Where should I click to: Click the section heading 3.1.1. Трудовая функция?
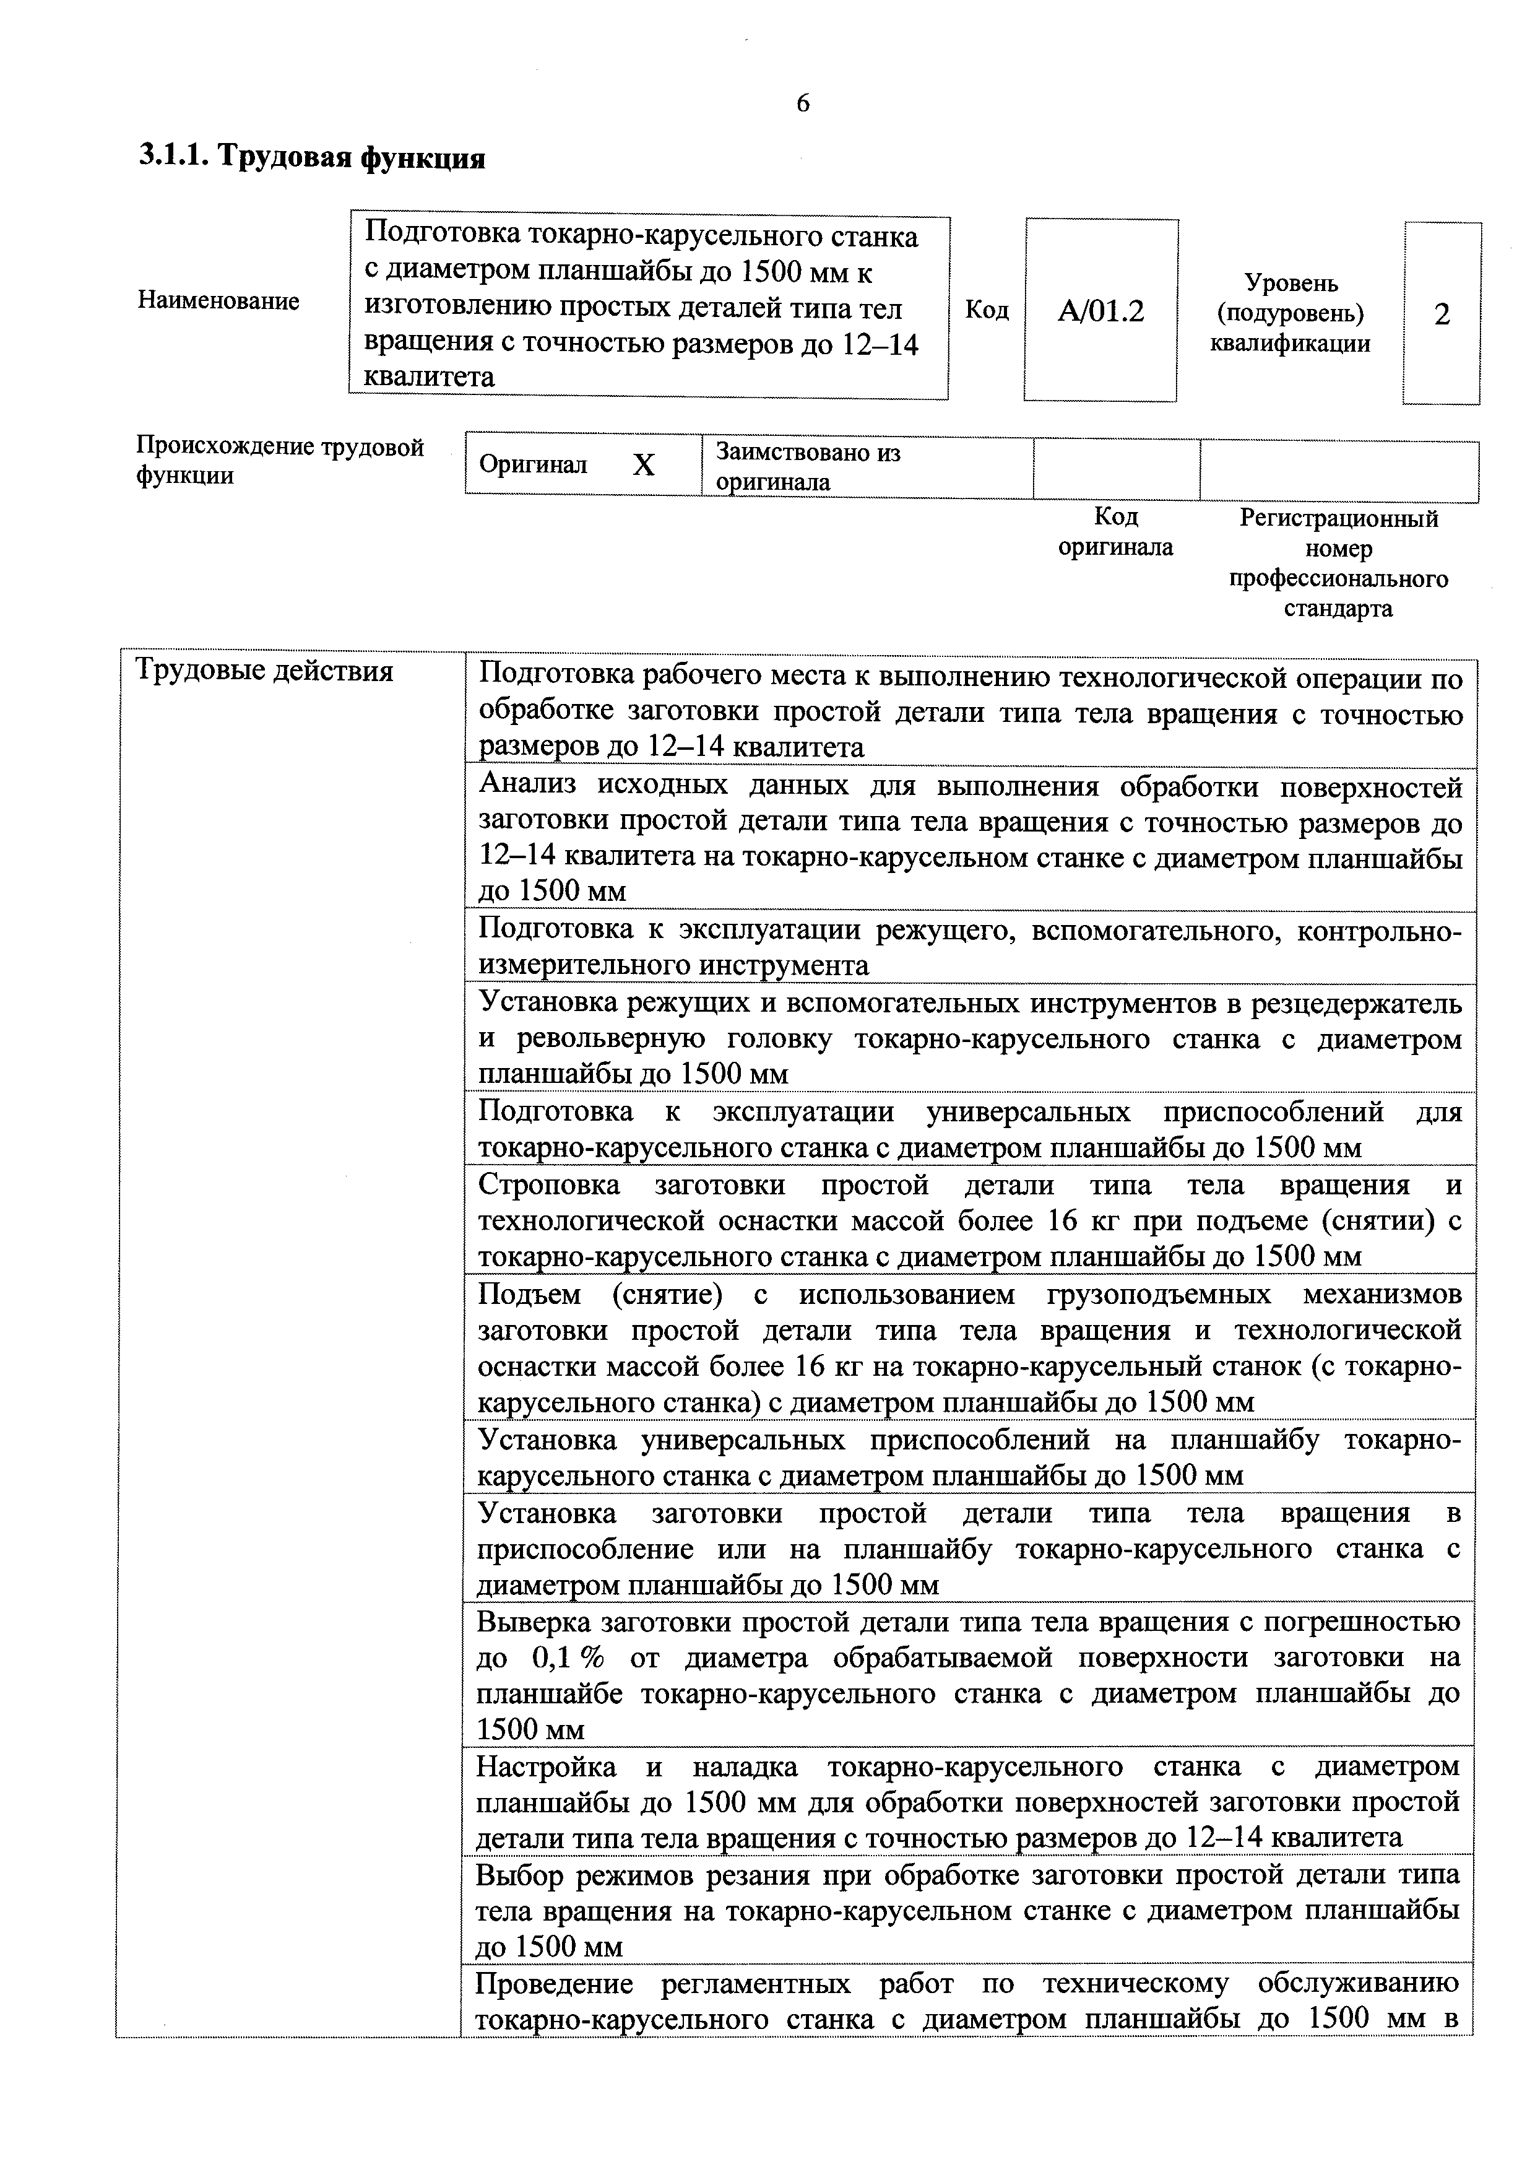[x=312, y=157]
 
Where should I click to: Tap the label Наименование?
[x=218, y=301]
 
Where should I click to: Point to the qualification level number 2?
[x=1442, y=314]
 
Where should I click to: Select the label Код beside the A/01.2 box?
[x=987, y=310]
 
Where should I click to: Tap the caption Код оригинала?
[x=1115, y=532]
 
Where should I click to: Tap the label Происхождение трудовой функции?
[x=280, y=461]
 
